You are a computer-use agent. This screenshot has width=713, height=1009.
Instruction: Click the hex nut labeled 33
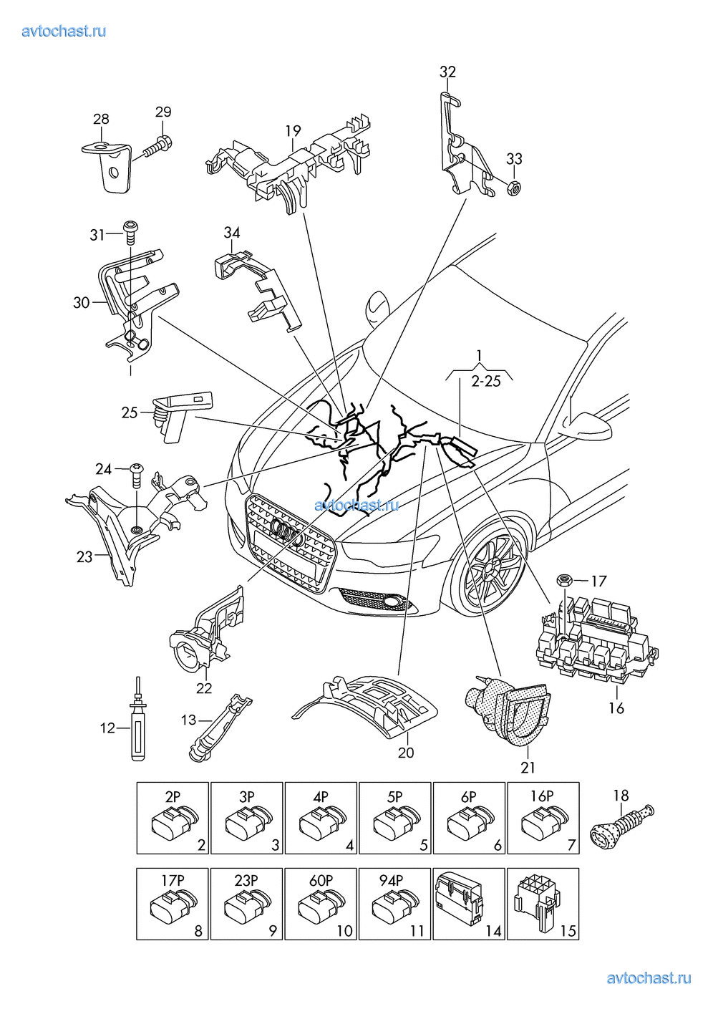(513, 188)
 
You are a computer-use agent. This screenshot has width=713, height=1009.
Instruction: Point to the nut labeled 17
(563, 579)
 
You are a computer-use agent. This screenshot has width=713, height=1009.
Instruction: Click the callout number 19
(293, 132)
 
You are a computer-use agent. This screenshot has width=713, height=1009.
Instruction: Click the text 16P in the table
(542, 796)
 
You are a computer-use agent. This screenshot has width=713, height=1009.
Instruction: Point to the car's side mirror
(587, 425)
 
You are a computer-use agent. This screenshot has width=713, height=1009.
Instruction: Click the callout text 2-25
(485, 381)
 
